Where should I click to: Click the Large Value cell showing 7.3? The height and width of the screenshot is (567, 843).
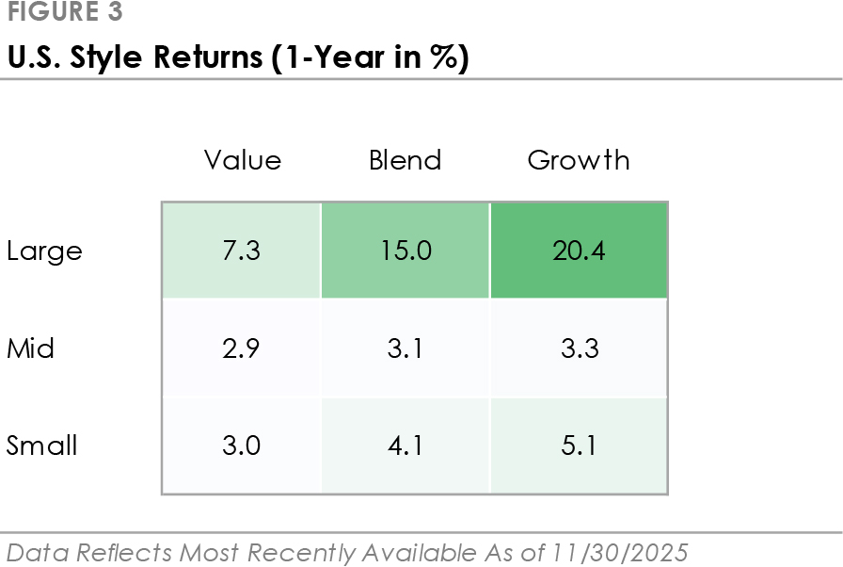pyautogui.click(x=242, y=251)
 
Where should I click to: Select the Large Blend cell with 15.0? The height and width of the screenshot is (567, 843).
pyautogui.click(x=406, y=251)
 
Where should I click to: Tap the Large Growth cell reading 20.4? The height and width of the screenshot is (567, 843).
pyautogui.click(x=579, y=251)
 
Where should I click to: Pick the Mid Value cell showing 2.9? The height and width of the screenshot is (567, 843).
pyautogui.click(x=242, y=348)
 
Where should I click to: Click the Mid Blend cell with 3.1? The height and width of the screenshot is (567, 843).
pyautogui.click(x=406, y=348)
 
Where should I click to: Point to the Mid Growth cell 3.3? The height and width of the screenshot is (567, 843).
pyautogui.click(x=579, y=348)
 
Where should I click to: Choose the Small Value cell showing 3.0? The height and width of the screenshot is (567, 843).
pyautogui.click(x=242, y=445)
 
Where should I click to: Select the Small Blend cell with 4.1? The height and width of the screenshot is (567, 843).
pyautogui.click(x=406, y=445)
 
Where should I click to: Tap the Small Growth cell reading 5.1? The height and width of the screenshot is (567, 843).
pyautogui.click(x=579, y=445)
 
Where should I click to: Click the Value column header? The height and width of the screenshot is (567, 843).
pyautogui.click(x=243, y=160)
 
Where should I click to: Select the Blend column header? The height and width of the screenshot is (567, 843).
pyautogui.click(x=406, y=160)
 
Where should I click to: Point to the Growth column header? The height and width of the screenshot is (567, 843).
pyautogui.click(x=579, y=160)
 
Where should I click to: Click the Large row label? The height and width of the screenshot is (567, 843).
pyautogui.click(x=44, y=251)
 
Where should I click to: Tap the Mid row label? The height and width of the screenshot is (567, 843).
pyautogui.click(x=31, y=348)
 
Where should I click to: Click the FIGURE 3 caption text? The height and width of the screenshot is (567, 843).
pyautogui.click(x=65, y=13)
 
